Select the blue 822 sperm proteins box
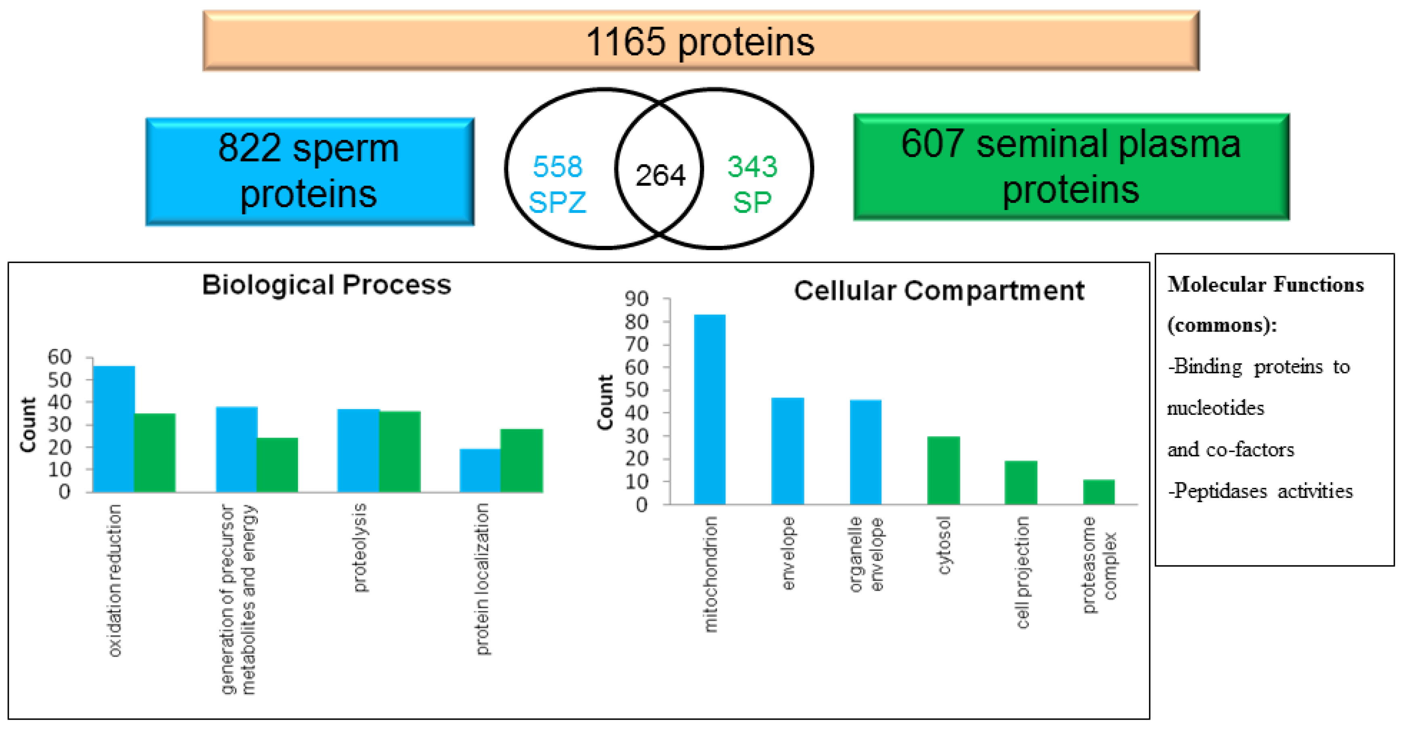tap(309, 171)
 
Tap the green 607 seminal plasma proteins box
tap(1071, 167)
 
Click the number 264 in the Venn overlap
tap(660, 175)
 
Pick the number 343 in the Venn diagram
tap(752, 167)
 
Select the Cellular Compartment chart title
tap(939, 291)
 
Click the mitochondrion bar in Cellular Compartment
tap(710, 409)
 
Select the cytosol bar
tap(943, 470)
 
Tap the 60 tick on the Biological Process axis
tap(59, 357)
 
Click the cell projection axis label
tap(1022, 572)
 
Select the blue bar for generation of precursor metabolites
tap(237, 450)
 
